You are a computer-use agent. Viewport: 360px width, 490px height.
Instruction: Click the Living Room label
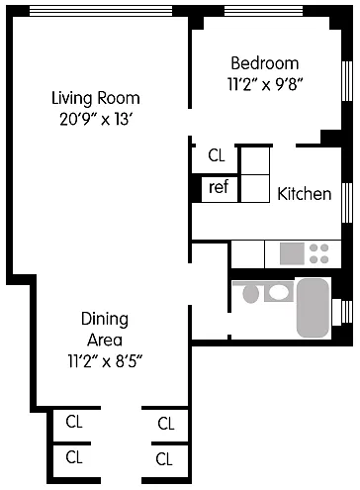pyautogui.click(x=96, y=98)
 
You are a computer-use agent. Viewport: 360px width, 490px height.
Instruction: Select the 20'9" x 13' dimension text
pyautogui.click(x=96, y=119)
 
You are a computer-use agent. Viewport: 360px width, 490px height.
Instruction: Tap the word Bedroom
pyautogui.click(x=265, y=63)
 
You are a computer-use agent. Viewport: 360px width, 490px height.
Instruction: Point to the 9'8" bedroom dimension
pyautogui.click(x=289, y=84)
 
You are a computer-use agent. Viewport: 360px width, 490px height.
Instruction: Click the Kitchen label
pyautogui.click(x=305, y=194)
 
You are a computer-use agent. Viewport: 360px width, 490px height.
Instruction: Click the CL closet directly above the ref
pyautogui.click(x=217, y=155)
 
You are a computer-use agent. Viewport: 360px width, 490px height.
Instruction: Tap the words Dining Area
pyautogui.click(x=105, y=330)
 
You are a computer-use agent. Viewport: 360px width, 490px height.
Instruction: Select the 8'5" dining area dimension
pyautogui.click(x=129, y=361)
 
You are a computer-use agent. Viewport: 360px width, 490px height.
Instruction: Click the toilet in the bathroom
pyautogui.click(x=250, y=293)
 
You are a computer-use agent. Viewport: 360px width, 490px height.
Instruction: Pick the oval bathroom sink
pyautogui.click(x=279, y=292)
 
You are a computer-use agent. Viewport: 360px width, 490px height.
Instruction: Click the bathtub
pyautogui.click(x=314, y=308)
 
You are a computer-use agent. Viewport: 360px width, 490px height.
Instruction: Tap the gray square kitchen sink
pyautogui.click(x=292, y=253)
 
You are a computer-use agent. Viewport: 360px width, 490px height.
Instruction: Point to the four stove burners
pyautogui.click(x=319, y=253)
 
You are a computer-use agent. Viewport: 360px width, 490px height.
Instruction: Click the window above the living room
pyautogui.click(x=101, y=11)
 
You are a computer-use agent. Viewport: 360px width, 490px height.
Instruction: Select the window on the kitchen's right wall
pyautogui.click(x=347, y=203)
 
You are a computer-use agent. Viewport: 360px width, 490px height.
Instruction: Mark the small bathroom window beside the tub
pyautogui.click(x=343, y=312)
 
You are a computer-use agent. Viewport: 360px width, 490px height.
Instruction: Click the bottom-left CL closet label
pyautogui.click(x=74, y=457)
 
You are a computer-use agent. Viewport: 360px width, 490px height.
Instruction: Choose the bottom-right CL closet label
pyautogui.click(x=164, y=459)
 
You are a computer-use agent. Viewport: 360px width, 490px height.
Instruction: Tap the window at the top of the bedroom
pyautogui.click(x=263, y=11)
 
